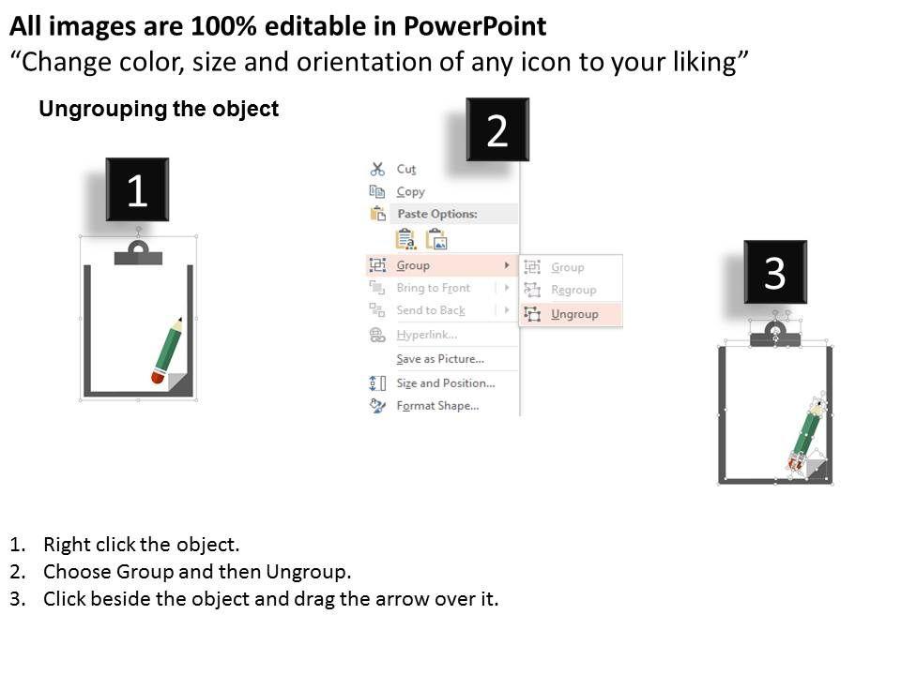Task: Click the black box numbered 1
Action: [137, 189]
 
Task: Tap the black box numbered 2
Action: [497, 129]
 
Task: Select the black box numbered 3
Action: [775, 272]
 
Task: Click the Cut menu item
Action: [405, 170]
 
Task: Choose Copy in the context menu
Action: [410, 191]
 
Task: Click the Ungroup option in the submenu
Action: [574, 314]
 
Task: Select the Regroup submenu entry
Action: [573, 290]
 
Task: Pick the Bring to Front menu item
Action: [434, 288]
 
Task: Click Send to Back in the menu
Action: [431, 310]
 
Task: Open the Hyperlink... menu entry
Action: [427, 335]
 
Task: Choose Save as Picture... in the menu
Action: [440, 359]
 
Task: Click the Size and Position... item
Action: [445, 382]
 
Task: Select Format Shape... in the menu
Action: [437, 406]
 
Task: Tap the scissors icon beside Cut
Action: [377, 169]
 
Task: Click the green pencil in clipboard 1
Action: [167, 350]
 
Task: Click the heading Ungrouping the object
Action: [159, 109]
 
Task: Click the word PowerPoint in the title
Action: [475, 26]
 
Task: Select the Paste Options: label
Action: [437, 214]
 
